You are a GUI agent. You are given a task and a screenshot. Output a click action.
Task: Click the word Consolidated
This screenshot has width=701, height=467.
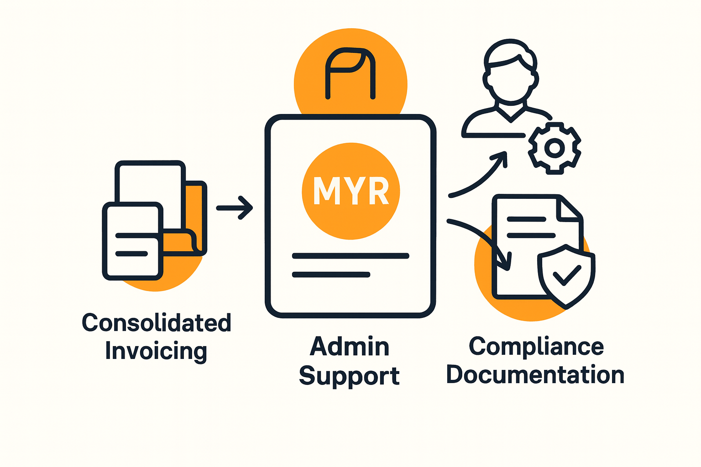157,323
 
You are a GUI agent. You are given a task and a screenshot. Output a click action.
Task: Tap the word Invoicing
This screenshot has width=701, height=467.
156,351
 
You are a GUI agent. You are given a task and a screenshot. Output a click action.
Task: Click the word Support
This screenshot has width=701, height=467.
350,376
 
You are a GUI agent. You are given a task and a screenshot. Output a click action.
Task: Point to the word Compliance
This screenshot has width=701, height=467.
536,347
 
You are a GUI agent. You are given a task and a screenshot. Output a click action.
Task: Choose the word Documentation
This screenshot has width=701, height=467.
535,375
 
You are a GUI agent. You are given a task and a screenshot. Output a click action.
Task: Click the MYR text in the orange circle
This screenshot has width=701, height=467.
351,190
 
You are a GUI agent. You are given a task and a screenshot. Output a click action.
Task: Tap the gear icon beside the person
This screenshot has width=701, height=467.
555,148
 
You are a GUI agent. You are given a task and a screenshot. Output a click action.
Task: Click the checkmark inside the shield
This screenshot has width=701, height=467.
566,275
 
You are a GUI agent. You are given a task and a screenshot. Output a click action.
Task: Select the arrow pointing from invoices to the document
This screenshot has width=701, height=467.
235,208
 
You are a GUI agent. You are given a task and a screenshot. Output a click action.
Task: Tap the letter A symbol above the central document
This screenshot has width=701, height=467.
350,73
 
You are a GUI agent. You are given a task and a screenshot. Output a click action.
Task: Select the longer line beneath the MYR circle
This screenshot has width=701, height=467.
350,256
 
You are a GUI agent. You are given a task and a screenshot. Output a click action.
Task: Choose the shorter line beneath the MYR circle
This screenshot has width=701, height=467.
331,275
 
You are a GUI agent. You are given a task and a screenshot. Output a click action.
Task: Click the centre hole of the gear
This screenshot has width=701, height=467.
555,148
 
